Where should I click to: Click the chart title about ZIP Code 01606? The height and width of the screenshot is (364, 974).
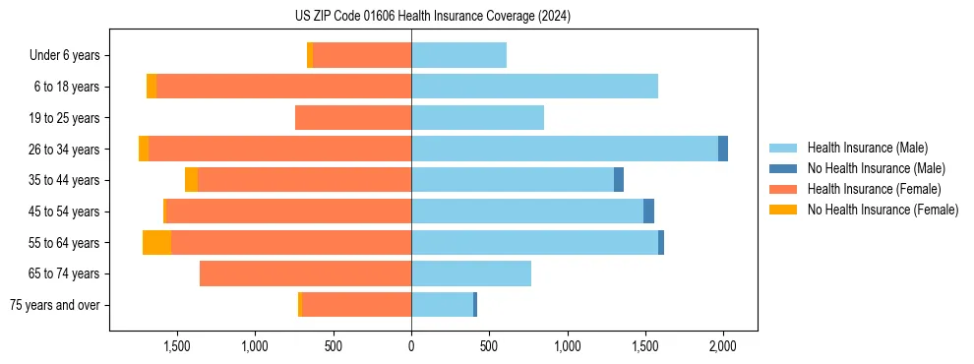(x=432, y=17)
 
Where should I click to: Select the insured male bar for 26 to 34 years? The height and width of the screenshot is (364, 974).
(x=565, y=149)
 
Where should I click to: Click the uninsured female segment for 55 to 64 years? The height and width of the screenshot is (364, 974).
(x=156, y=242)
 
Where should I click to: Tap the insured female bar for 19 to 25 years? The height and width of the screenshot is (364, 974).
(x=353, y=118)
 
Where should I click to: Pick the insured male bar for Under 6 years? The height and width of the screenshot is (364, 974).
(x=458, y=56)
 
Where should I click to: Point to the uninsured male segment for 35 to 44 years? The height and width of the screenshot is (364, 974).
(x=619, y=180)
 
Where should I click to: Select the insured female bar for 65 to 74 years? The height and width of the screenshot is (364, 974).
(x=305, y=273)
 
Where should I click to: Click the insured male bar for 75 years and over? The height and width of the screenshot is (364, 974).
(x=442, y=305)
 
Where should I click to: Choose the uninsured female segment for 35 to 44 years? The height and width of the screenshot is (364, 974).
(x=191, y=180)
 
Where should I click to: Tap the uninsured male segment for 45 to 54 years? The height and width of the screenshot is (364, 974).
(x=648, y=211)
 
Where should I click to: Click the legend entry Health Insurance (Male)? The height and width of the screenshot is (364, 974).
(x=867, y=148)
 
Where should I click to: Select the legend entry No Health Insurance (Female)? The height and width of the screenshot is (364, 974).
(x=883, y=210)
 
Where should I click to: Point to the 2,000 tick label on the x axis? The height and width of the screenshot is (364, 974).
(x=723, y=346)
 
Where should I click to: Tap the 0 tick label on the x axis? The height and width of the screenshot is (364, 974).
(x=411, y=346)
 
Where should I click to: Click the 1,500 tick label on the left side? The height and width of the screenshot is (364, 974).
(x=177, y=346)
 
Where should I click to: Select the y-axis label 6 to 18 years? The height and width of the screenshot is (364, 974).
(x=67, y=87)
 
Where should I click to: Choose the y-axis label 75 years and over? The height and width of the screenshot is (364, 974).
(x=54, y=305)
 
